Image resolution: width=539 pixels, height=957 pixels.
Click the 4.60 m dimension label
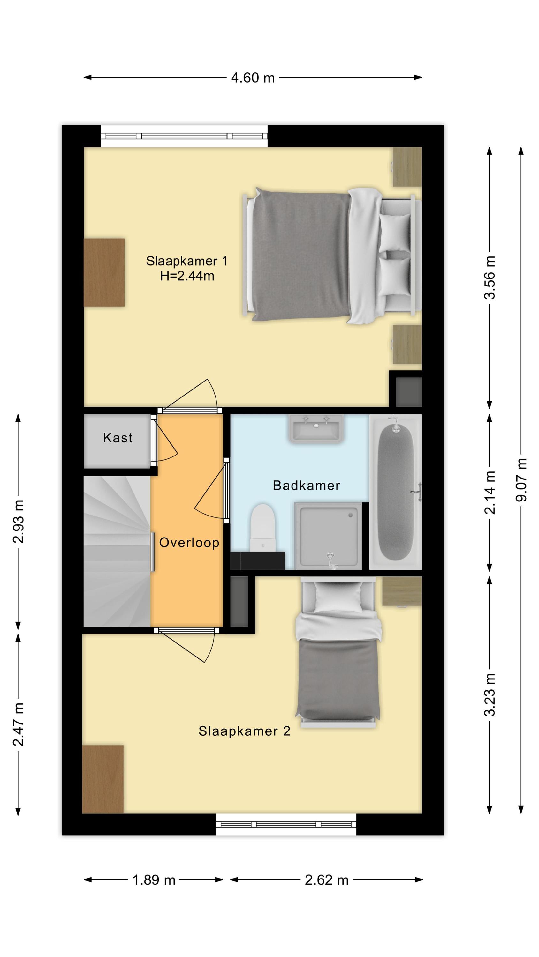pyautogui.click(x=253, y=78)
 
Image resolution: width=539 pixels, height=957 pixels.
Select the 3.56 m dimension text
pyautogui.click(x=490, y=277)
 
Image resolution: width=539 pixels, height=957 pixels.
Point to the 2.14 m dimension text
pyautogui.click(x=490, y=492)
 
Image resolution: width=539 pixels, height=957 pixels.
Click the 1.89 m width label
pyautogui.click(x=154, y=880)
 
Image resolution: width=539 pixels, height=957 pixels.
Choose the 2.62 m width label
pyautogui.click(x=327, y=880)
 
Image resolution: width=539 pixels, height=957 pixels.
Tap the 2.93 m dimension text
pyautogui.click(x=18, y=521)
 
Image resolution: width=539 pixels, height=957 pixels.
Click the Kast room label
pyautogui.click(x=118, y=438)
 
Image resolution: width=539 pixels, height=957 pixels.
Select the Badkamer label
pyautogui.click(x=307, y=485)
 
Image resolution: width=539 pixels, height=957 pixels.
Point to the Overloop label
pyautogui.click(x=189, y=542)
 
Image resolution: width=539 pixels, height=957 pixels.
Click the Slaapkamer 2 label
pyautogui.click(x=244, y=731)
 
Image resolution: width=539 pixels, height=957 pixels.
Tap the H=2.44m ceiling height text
pyautogui.click(x=187, y=276)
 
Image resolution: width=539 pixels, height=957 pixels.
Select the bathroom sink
pyautogui.click(x=315, y=429)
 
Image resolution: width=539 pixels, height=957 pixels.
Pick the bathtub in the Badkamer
pyautogui.click(x=396, y=492)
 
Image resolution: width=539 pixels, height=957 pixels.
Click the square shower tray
pyautogui.click(x=328, y=536)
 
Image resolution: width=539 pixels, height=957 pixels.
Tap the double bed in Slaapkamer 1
pyautogui.click(x=331, y=256)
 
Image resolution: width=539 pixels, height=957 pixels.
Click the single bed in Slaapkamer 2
pyautogui.click(x=338, y=652)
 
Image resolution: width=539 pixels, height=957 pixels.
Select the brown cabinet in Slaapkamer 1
pyautogui.click(x=104, y=272)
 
